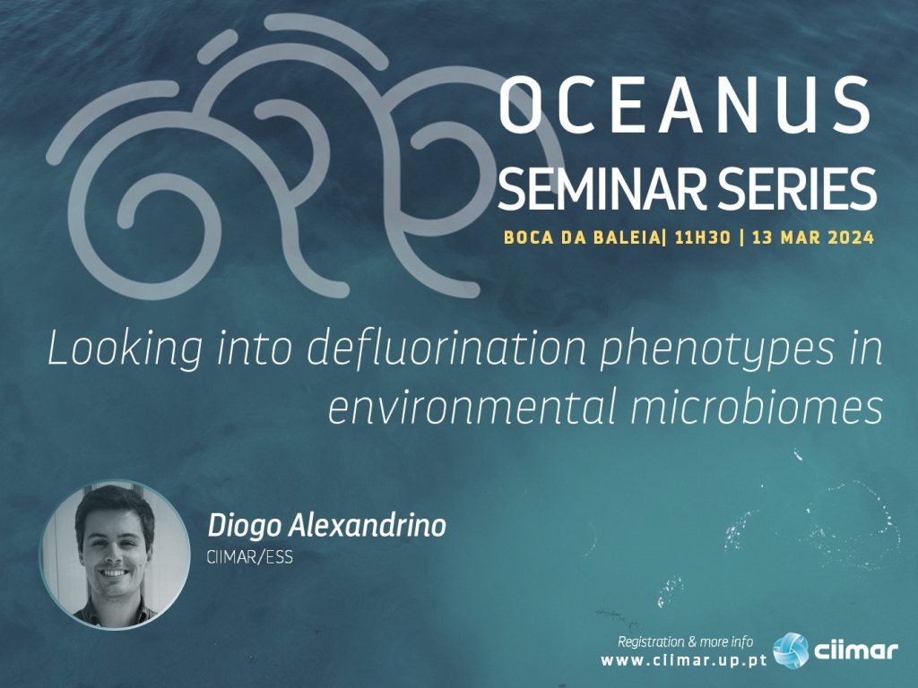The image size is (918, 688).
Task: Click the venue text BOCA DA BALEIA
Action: click(581, 237)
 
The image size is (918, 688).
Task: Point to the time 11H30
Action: click(703, 237)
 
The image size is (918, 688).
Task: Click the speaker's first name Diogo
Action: click(244, 527)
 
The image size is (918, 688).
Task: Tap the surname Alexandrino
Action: click(368, 525)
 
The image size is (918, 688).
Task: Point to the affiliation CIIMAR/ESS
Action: click(249, 557)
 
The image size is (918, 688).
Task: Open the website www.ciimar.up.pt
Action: click(684, 661)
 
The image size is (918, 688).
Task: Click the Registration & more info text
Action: click(685, 641)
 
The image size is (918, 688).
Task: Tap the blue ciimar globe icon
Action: click(791, 650)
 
